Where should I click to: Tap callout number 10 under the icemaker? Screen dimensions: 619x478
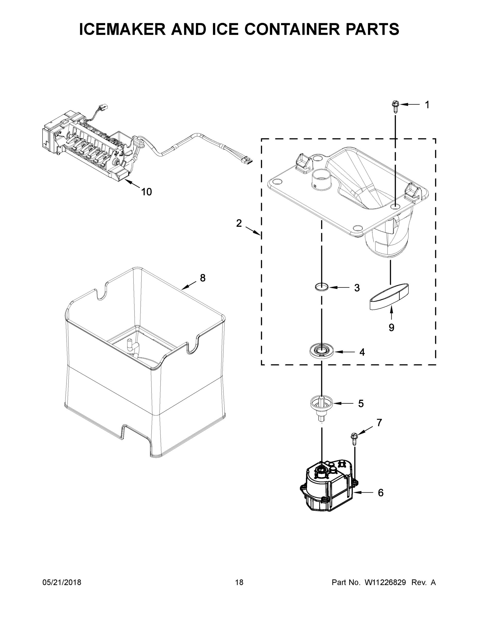[146, 192]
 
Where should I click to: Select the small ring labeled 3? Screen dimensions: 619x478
[322, 287]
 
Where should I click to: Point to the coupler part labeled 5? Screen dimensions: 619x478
[321, 404]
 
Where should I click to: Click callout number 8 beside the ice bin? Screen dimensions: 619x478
[203, 278]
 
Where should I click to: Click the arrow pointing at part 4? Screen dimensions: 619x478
[344, 352]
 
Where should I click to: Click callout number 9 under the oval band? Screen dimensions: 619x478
[391, 328]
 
